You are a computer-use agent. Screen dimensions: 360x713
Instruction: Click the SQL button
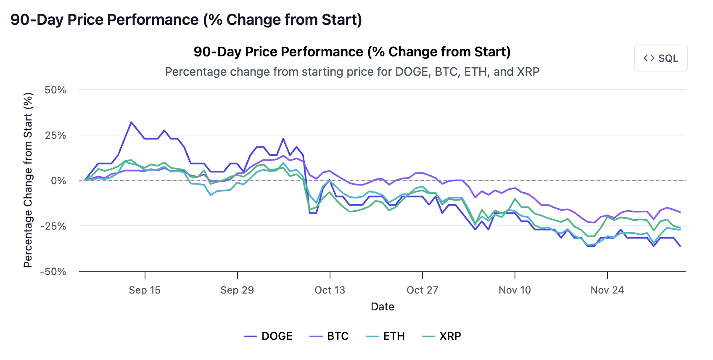[660, 58]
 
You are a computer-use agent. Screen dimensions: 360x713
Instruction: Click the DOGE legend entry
[268, 336]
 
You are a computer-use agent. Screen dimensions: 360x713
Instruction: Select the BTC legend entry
[329, 336]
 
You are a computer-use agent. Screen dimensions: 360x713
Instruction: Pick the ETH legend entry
[385, 336]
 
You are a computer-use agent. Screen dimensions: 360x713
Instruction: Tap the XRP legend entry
[441, 336]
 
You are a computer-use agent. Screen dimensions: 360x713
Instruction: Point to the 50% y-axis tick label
[55, 90]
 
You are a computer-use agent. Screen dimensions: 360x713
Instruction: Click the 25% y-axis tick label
[55, 135]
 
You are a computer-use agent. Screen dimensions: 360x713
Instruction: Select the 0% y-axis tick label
[58, 181]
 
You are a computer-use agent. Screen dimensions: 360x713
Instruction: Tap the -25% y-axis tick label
[53, 226]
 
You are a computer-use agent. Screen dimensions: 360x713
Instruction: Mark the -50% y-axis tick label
[53, 272]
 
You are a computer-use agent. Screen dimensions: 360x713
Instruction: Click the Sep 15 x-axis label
[145, 290]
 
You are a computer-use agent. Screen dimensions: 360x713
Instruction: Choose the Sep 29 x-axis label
[237, 290]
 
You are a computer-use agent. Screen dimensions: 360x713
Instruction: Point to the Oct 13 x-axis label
[330, 290]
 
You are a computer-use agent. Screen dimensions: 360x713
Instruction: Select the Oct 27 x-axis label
[422, 290]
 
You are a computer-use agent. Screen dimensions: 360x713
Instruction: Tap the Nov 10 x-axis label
[515, 290]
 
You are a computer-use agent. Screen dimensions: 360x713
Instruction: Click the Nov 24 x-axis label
[607, 290]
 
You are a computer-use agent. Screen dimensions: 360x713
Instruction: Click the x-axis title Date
[382, 307]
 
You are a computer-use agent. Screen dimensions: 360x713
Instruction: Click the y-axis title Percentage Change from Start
[28, 180]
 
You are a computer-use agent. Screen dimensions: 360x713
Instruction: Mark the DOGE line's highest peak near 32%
[131, 122]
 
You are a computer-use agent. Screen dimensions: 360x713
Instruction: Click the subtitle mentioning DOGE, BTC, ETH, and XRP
[352, 71]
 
